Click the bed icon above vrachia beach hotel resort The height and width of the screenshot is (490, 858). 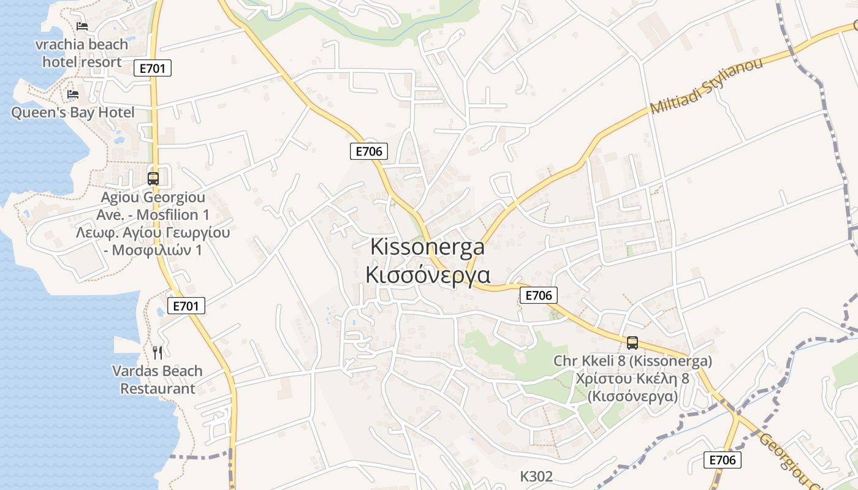coord(82,26)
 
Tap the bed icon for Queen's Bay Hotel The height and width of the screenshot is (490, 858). coord(73,94)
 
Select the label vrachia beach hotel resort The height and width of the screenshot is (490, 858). coord(82,53)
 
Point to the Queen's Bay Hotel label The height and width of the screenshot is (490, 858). coord(73,113)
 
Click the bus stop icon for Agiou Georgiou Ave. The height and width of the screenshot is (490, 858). coord(153,179)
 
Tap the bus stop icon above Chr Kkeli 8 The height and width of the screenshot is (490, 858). coord(632,343)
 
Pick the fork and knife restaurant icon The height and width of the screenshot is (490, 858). coord(158,352)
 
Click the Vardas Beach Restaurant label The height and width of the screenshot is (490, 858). coord(158,380)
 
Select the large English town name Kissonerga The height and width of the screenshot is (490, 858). coord(427,247)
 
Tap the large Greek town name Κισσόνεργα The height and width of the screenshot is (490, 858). coord(427,274)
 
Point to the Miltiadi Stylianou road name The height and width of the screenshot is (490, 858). coord(706,86)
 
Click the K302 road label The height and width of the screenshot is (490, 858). coord(536,477)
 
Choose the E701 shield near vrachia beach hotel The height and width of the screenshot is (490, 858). coord(152,68)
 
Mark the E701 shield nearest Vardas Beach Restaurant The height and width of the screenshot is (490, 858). coord(186,306)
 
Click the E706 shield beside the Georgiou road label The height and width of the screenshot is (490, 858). coord(722,460)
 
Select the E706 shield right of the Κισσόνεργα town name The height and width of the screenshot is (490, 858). coord(539,295)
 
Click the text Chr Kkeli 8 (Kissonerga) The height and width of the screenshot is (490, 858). coord(632,361)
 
